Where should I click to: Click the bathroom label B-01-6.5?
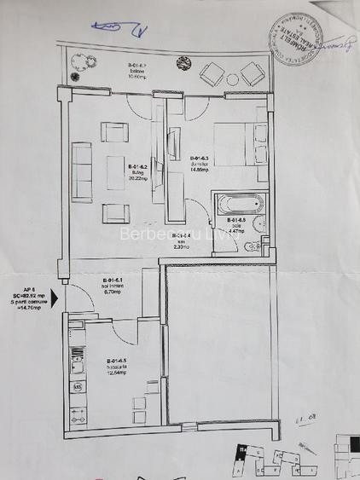coord(236,224)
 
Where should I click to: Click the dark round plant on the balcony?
coord(183,62)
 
